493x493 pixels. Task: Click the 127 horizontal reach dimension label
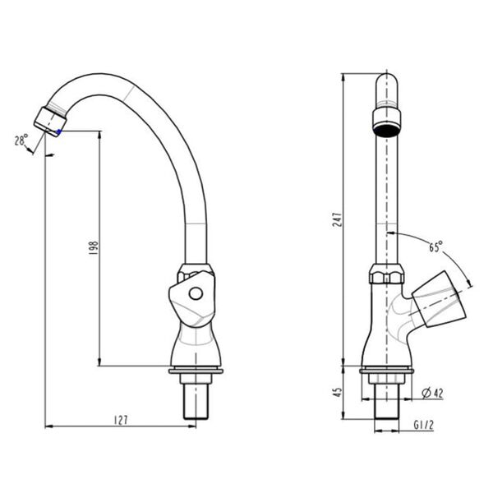[x=120, y=420]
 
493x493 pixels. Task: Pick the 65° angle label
[x=435, y=246]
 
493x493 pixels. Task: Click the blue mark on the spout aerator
[x=59, y=131]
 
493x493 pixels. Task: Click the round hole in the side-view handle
[x=196, y=293]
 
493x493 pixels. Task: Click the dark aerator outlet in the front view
[x=386, y=128]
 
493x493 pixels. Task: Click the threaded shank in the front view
[x=386, y=403]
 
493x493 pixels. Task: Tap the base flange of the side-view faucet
[x=195, y=372]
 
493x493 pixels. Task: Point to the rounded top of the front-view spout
[x=386, y=82]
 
